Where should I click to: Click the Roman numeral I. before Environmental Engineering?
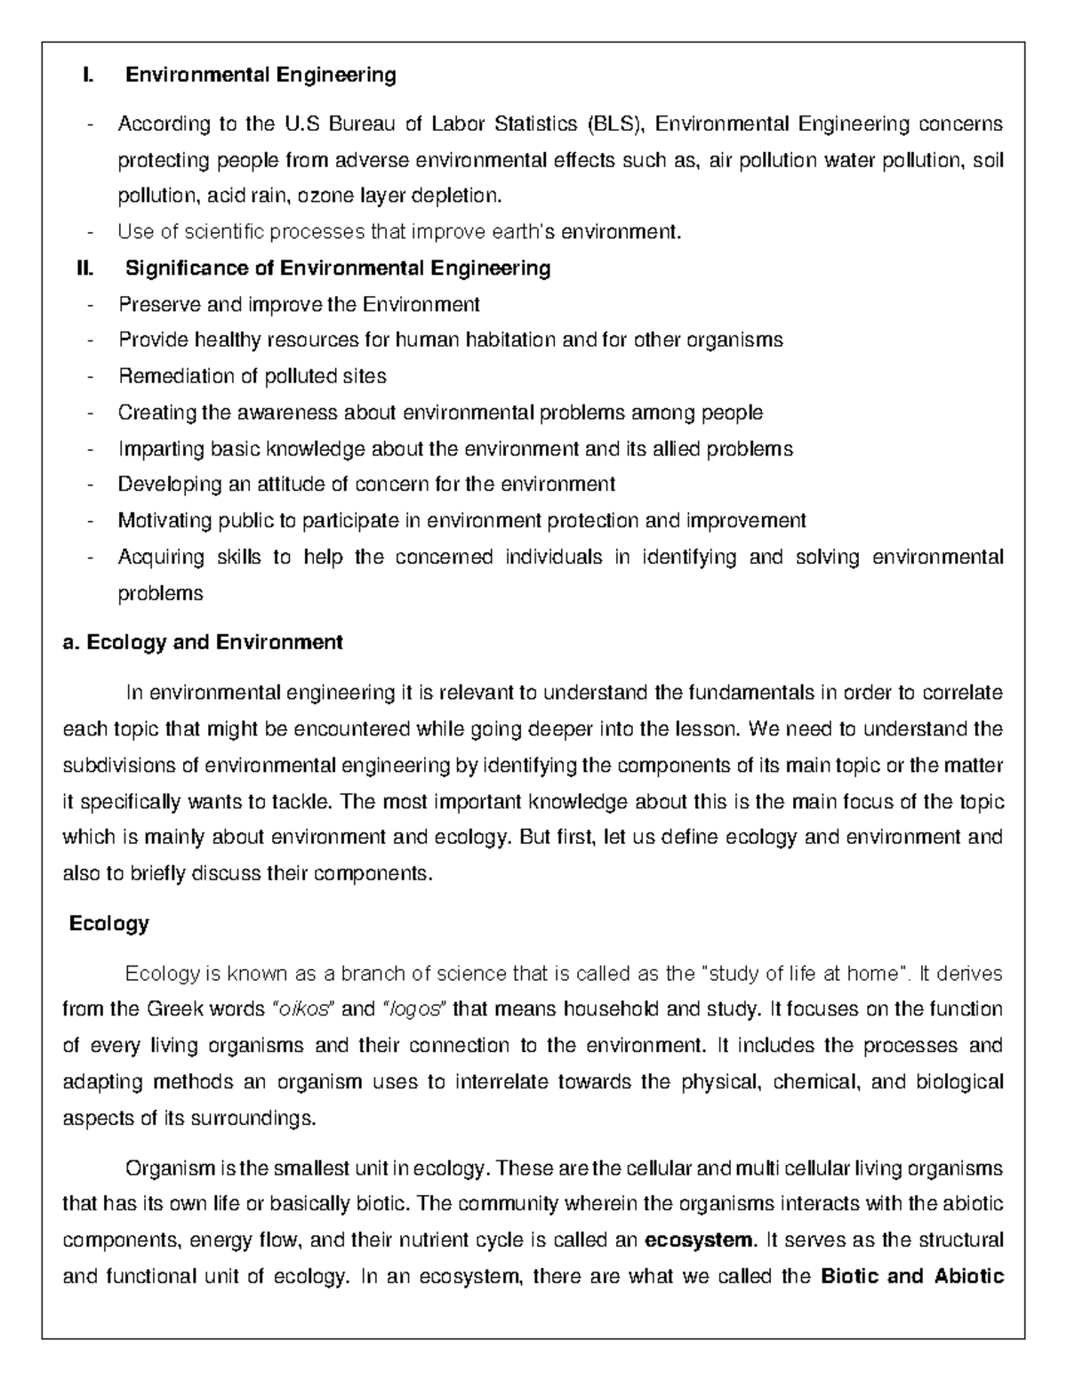86,75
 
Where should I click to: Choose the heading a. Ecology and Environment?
203,642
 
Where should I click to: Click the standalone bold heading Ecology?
109,923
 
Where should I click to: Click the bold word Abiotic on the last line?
969,1277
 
